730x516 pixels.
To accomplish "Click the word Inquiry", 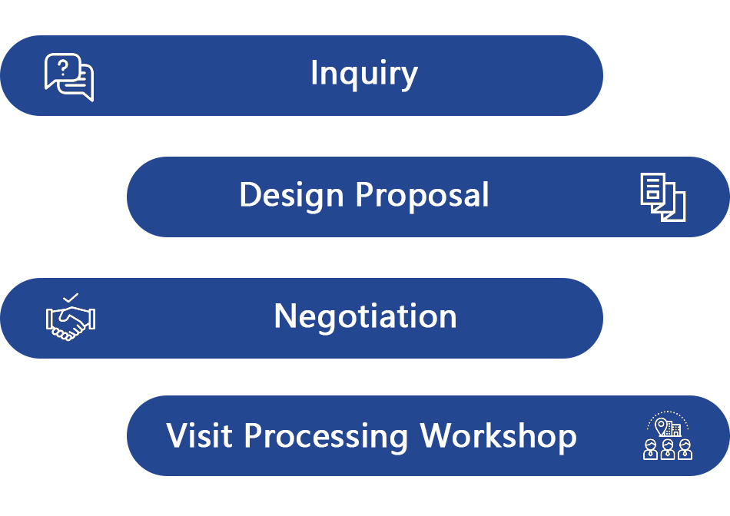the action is [364, 74].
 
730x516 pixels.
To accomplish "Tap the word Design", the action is [291, 195].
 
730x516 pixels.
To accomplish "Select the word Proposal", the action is [423, 195].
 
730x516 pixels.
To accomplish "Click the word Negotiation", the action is [366, 316].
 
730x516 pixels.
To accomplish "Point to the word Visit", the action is [199, 436].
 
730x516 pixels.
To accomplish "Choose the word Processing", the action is [326, 438].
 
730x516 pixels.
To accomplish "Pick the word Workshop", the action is [498, 438].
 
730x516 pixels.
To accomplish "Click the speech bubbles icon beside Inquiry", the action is [69, 78].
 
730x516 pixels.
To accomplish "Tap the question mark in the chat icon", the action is [63, 68].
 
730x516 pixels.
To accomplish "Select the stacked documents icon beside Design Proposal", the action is [663, 197].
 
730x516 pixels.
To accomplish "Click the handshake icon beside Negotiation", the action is [70, 322].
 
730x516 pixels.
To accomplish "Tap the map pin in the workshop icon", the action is [661, 425].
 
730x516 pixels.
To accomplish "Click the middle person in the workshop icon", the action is [668, 449].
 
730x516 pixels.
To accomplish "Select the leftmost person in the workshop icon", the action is [650, 449].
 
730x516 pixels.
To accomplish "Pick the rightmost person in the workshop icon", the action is [685, 449].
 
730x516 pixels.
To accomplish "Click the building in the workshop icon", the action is [674, 428].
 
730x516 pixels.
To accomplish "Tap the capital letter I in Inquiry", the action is [314, 72].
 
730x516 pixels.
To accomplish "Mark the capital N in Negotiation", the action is [285, 316].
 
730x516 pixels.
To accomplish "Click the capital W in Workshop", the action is [439, 435].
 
